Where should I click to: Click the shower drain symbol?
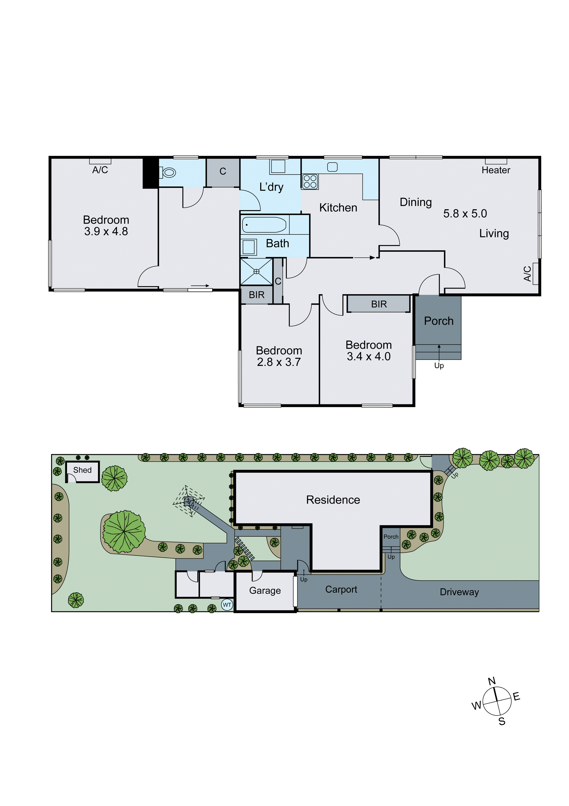pyautogui.click(x=256, y=271)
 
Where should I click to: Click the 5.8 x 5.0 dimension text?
pyautogui.click(x=465, y=214)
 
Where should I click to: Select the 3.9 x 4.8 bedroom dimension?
pyautogui.click(x=106, y=231)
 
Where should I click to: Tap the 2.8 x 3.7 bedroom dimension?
pyautogui.click(x=279, y=362)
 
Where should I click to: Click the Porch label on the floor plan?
pyautogui.click(x=439, y=321)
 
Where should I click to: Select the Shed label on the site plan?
pyautogui.click(x=82, y=470)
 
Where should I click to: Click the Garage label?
pyautogui.click(x=265, y=590)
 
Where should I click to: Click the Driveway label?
pyautogui.click(x=459, y=592)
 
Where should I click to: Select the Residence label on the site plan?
pyautogui.click(x=333, y=500)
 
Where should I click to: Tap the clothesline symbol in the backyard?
pyautogui.click(x=189, y=501)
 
